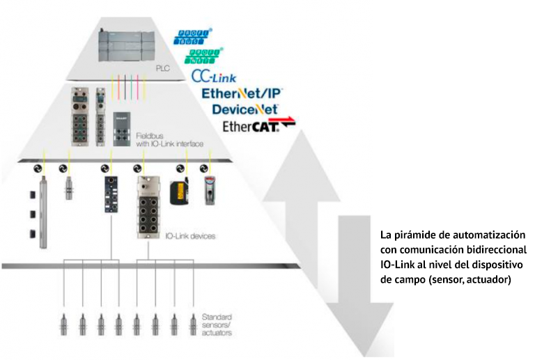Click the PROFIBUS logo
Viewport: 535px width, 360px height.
click(195, 37)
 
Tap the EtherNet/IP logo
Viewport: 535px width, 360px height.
click(242, 93)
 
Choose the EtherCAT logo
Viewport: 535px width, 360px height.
click(258, 126)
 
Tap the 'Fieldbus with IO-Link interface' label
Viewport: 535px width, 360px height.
click(169, 139)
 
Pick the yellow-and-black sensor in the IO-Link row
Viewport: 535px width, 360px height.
click(180, 191)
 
